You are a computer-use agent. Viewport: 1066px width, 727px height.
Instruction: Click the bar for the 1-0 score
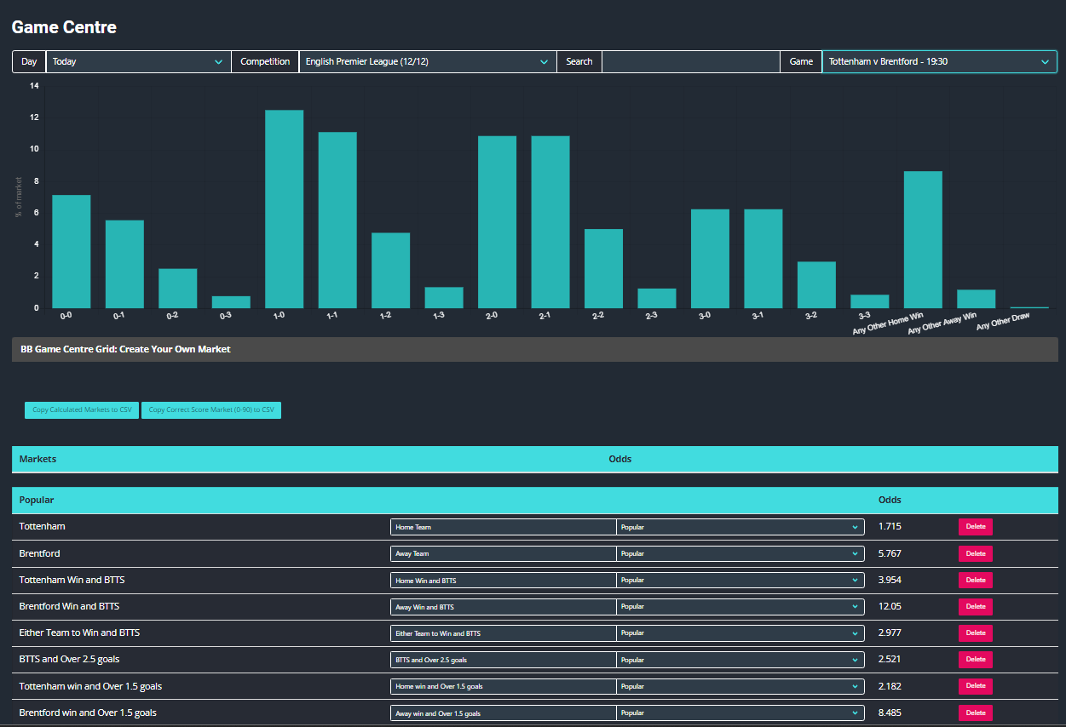click(x=284, y=209)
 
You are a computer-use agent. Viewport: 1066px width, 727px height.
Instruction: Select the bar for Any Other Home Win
click(x=923, y=240)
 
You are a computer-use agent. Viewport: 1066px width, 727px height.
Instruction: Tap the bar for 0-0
click(x=72, y=252)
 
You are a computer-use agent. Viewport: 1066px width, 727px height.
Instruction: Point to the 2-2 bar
click(x=603, y=269)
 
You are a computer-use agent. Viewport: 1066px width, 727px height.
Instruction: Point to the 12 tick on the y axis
click(x=34, y=117)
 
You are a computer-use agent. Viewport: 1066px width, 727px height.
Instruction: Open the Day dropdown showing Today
click(x=138, y=61)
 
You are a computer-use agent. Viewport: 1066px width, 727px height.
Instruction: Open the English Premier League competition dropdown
click(x=427, y=61)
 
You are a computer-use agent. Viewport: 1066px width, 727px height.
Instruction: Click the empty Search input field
click(x=690, y=61)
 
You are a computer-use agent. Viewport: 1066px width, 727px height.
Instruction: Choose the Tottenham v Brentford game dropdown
click(x=939, y=61)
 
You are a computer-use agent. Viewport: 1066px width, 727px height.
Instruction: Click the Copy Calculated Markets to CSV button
click(x=82, y=410)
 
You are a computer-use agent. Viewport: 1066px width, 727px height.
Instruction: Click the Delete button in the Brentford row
click(x=975, y=553)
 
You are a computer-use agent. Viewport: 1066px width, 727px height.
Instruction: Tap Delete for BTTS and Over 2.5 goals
click(x=975, y=660)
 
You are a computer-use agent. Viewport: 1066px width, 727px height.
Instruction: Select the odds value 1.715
click(x=890, y=526)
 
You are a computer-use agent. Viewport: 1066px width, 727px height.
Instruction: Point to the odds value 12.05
click(x=890, y=606)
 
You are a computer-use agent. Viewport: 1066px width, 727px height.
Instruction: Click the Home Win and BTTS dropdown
click(x=503, y=581)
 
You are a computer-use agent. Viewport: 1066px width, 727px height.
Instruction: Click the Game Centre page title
click(x=64, y=27)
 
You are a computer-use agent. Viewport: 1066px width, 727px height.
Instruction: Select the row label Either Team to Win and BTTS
click(x=79, y=633)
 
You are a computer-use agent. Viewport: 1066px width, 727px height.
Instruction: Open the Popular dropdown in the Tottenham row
click(x=740, y=527)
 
